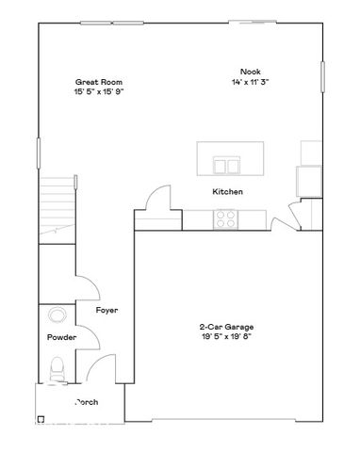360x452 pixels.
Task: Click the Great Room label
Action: (99, 82)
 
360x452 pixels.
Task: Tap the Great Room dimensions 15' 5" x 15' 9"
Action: (99, 92)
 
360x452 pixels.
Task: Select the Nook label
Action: (249, 72)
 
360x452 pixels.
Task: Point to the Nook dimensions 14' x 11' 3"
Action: (249, 82)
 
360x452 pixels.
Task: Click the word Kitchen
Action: (227, 192)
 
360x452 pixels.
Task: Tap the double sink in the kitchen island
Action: (226, 167)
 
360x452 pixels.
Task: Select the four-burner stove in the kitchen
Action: (226, 219)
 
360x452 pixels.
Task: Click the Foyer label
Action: (106, 310)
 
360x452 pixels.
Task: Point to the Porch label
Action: (86, 402)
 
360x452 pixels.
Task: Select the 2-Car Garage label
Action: (227, 327)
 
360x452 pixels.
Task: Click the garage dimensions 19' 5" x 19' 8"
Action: (227, 337)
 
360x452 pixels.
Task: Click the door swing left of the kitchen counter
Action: (156, 201)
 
